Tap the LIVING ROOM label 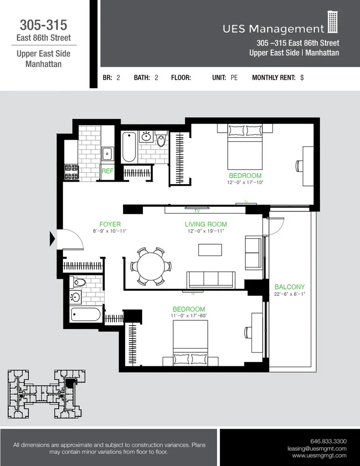205,224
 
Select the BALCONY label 289,287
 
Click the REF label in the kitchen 108,171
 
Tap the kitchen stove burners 71,171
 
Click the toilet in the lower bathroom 79,282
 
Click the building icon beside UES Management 332,22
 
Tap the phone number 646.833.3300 328,441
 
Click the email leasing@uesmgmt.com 317,448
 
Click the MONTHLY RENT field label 273,78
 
